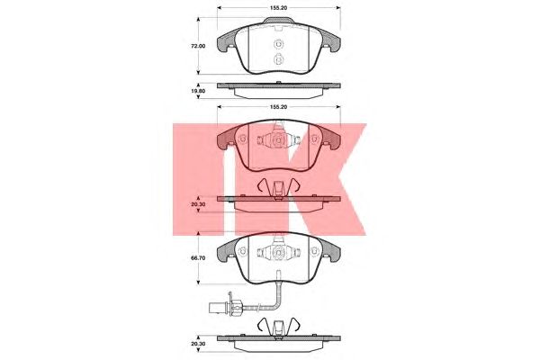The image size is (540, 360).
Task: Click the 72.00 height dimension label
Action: [198, 46]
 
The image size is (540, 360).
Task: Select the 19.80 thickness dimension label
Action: [198, 91]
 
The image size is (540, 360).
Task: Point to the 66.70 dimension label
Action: [198, 257]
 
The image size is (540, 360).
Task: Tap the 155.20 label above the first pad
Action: [279, 7]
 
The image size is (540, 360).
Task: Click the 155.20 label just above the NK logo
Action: [279, 107]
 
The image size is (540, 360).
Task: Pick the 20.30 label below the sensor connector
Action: [198, 343]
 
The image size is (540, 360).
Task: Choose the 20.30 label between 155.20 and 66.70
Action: [198, 204]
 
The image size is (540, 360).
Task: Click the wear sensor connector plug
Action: [225, 306]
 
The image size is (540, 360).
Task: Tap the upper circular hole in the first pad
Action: [278, 44]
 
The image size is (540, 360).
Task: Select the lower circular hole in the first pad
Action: [278, 59]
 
